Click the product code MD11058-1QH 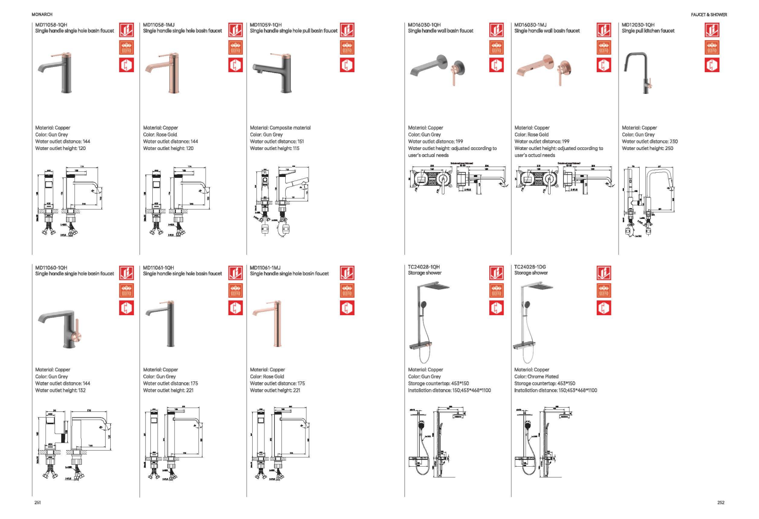click(51, 25)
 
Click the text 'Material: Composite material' click(280, 127)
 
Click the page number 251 click(38, 502)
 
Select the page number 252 click(720, 502)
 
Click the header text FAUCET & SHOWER click(709, 15)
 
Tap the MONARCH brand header click(42, 15)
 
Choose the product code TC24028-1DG click(530, 267)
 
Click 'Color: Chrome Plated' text click(536, 377)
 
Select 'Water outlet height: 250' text click(647, 148)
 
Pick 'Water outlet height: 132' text click(60, 390)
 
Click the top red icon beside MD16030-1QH click(496, 30)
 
